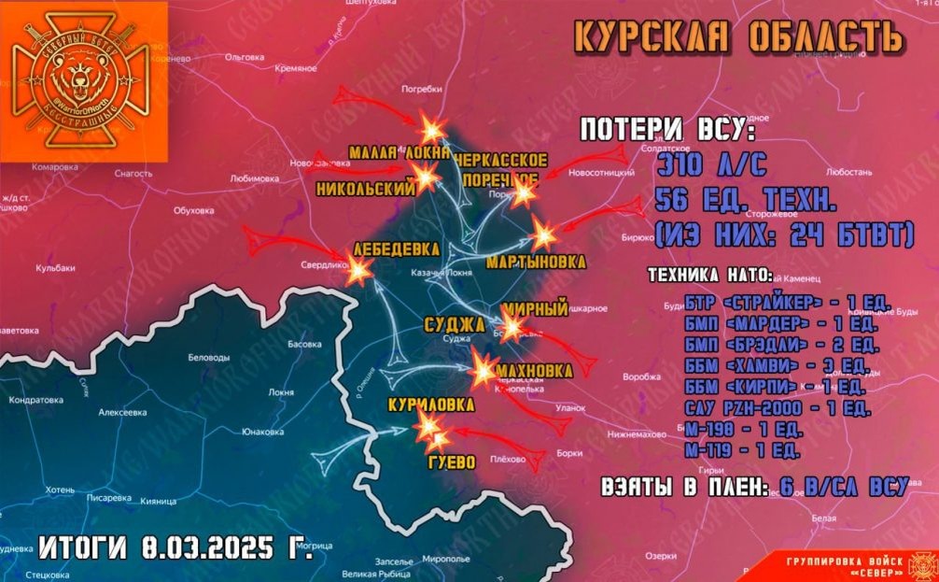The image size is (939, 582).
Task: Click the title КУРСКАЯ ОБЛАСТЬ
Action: pyautogui.click(x=737, y=37)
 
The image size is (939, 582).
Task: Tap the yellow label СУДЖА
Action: pyautogui.click(x=454, y=325)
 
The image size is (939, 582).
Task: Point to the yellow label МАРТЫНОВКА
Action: pyautogui.click(x=536, y=263)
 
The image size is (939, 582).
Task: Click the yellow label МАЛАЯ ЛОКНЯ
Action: pyautogui.click(x=399, y=152)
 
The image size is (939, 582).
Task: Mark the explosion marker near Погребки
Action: pyautogui.click(x=431, y=129)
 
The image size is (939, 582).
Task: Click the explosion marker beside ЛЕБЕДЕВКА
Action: pyautogui.click(x=358, y=271)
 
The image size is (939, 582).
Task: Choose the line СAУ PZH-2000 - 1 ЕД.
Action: pyautogui.click(x=777, y=408)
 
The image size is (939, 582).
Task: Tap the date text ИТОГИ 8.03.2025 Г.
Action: pyautogui.click(x=176, y=547)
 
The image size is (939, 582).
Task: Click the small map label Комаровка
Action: pyautogui.click(x=54, y=166)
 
